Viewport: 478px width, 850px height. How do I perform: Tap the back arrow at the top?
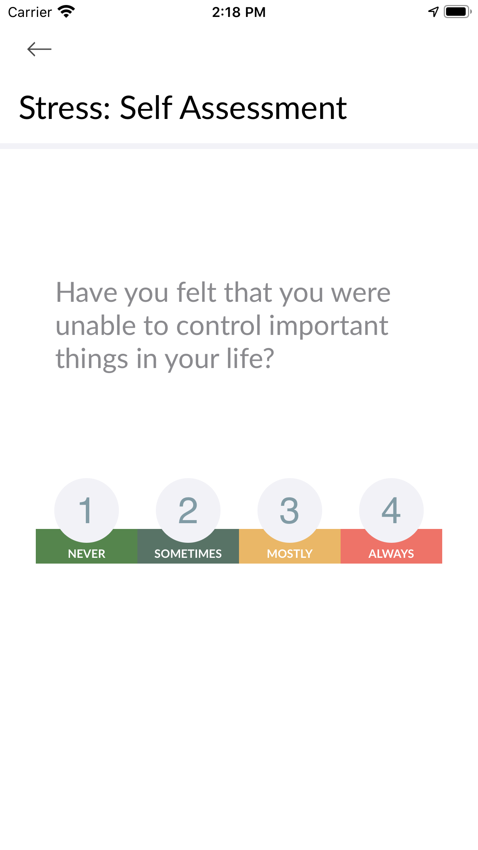click(39, 49)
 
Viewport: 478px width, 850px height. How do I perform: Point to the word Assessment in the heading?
click(264, 108)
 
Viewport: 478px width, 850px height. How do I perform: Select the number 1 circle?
click(87, 510)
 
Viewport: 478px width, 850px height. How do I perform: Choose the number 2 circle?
click(188, 510)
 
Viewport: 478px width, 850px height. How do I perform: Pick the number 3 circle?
click(290, 510)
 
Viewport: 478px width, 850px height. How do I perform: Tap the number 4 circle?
click(391, 510)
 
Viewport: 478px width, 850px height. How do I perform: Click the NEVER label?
click(87, 554)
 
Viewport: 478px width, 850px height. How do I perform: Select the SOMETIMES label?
click(188, 554)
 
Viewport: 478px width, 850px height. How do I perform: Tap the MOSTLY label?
click(290, 554)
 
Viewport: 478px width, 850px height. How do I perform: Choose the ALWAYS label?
click(391, 554)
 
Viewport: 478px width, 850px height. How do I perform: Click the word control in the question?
click(219, 326)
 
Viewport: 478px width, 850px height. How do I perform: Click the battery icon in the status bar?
click(458, 12)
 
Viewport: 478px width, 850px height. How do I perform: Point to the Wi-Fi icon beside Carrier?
click(66, 12)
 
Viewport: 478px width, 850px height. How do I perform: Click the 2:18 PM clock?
click(239, 12)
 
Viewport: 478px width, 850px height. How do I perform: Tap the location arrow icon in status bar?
click(433, 12)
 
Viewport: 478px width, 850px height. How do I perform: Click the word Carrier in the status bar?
click(30, 12)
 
